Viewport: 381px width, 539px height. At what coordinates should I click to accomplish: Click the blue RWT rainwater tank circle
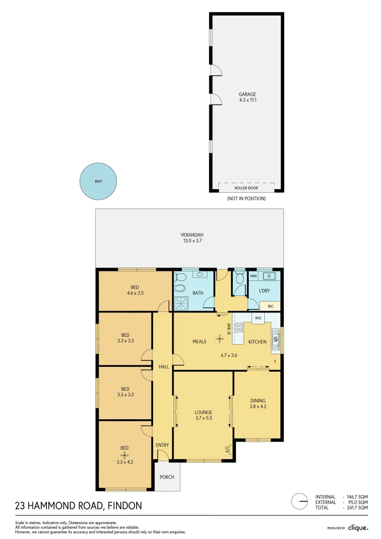99,182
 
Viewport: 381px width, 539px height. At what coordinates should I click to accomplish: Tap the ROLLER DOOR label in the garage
246,189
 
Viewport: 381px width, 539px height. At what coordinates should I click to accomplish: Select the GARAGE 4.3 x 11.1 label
247,97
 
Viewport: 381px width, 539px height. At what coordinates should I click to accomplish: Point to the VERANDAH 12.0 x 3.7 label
192,238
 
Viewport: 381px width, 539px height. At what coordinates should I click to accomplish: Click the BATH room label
197,293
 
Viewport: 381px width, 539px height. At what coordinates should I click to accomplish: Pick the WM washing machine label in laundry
253,276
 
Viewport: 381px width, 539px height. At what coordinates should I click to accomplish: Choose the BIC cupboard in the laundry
271,306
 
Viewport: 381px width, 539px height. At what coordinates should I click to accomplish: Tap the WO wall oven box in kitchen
258,318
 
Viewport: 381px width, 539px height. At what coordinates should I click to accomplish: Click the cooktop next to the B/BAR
238,328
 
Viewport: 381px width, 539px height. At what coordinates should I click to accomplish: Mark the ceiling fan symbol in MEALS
219,338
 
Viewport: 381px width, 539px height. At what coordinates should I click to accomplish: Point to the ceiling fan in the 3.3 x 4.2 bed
125,455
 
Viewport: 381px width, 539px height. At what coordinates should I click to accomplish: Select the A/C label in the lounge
227,449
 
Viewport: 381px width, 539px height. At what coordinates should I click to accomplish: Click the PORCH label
167,477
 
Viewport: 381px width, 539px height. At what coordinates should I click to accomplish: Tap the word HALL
164,367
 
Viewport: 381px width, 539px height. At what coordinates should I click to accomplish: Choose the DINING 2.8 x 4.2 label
258,403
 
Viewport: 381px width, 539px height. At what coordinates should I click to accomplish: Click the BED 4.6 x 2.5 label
135,290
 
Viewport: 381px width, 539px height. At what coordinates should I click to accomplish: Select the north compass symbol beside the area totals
300,501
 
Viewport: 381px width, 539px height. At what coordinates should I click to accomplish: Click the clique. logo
358,528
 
